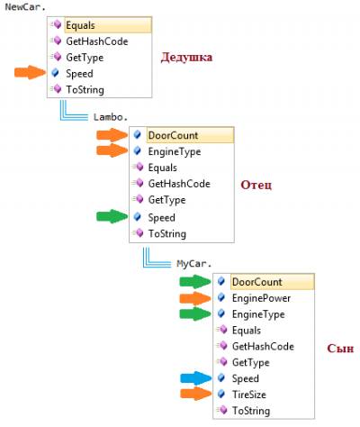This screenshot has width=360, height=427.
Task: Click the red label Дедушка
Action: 186,57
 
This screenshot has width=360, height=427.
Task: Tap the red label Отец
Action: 256,185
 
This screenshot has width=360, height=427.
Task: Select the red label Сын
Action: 340,349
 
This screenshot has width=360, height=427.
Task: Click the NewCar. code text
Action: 25,7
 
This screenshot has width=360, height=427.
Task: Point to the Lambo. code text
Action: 111,117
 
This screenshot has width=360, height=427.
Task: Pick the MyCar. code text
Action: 194,264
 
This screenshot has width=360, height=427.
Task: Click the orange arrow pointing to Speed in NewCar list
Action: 30,72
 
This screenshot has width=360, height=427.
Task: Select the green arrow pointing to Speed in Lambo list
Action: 112,216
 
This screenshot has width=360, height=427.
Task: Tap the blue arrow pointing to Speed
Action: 196,378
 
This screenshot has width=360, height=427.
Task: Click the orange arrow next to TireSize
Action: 196,394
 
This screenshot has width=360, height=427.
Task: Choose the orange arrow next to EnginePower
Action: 195,298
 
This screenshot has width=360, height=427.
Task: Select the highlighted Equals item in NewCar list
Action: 80,25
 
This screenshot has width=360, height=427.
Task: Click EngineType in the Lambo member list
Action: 175,151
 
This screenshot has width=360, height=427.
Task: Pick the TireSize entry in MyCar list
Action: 249,395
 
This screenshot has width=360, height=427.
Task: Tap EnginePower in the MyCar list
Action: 261,298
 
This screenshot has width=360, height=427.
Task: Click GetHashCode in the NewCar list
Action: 97,41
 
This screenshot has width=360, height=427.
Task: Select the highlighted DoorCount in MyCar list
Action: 256,282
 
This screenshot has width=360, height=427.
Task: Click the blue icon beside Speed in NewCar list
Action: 55,73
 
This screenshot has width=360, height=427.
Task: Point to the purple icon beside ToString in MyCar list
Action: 222,410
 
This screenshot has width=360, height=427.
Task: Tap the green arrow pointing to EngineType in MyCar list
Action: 195,313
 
